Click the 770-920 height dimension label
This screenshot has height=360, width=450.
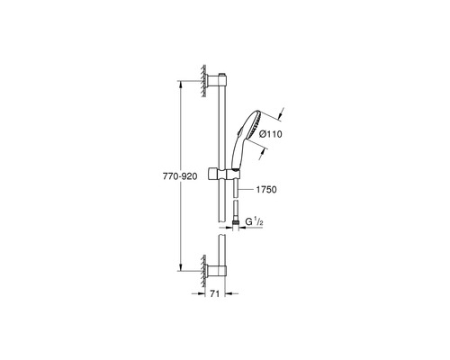(x=180, y=176)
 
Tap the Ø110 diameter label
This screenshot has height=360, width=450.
(x=270, y=134)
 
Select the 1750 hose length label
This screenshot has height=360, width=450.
(x=266, y=190)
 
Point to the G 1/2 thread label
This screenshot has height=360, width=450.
(x=255, y=221)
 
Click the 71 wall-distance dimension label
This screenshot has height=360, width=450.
(x=214, y=294)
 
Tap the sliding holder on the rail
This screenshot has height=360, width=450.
(x=223, y=175)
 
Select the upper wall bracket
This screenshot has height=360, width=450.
(x=216, y=80)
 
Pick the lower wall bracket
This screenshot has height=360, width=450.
(x=216, y=271)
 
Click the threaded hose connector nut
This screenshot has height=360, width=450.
(x=237, y=223)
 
